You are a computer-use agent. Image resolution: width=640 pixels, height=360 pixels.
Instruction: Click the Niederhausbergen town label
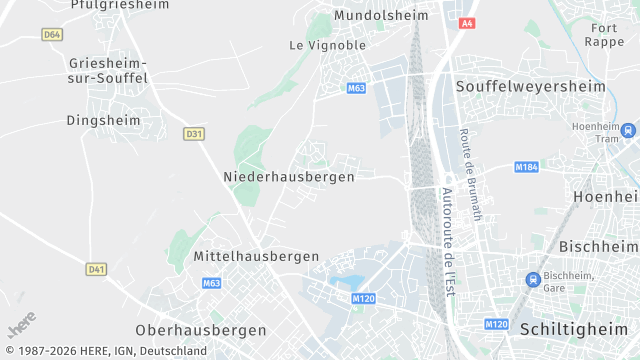(x=289, y=177)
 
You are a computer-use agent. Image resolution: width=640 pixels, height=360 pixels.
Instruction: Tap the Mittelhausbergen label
(x=256, y=257)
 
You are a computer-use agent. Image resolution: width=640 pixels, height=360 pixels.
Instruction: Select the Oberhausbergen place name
(x=201, y=330)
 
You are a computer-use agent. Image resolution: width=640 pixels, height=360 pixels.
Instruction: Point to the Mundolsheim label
(x=380, y=16)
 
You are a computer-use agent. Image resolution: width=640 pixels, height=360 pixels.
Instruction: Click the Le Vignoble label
(x=327, y=45)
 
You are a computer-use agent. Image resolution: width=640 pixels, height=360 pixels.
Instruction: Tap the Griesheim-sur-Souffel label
(x=108, y=70)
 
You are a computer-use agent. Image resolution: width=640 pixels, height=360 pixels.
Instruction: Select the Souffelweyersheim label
(x=531, y=87)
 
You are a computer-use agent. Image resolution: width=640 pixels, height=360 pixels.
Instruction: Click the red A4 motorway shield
(x=467, y=23)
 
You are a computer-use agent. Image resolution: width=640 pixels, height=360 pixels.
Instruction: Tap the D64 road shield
(x=53, y=34)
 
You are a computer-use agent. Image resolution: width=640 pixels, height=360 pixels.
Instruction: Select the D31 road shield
(x=194, y=133)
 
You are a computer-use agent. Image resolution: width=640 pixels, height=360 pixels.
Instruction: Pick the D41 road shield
(x=96, y=269)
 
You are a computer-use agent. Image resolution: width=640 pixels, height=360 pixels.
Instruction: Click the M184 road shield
(x=526, y=166)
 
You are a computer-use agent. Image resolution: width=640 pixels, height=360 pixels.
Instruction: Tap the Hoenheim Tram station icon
(x=627, y=130)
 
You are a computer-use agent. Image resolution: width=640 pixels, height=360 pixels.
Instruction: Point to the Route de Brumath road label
(x=470, y=175)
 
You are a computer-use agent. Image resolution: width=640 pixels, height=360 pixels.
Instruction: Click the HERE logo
(x=22, y=327)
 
